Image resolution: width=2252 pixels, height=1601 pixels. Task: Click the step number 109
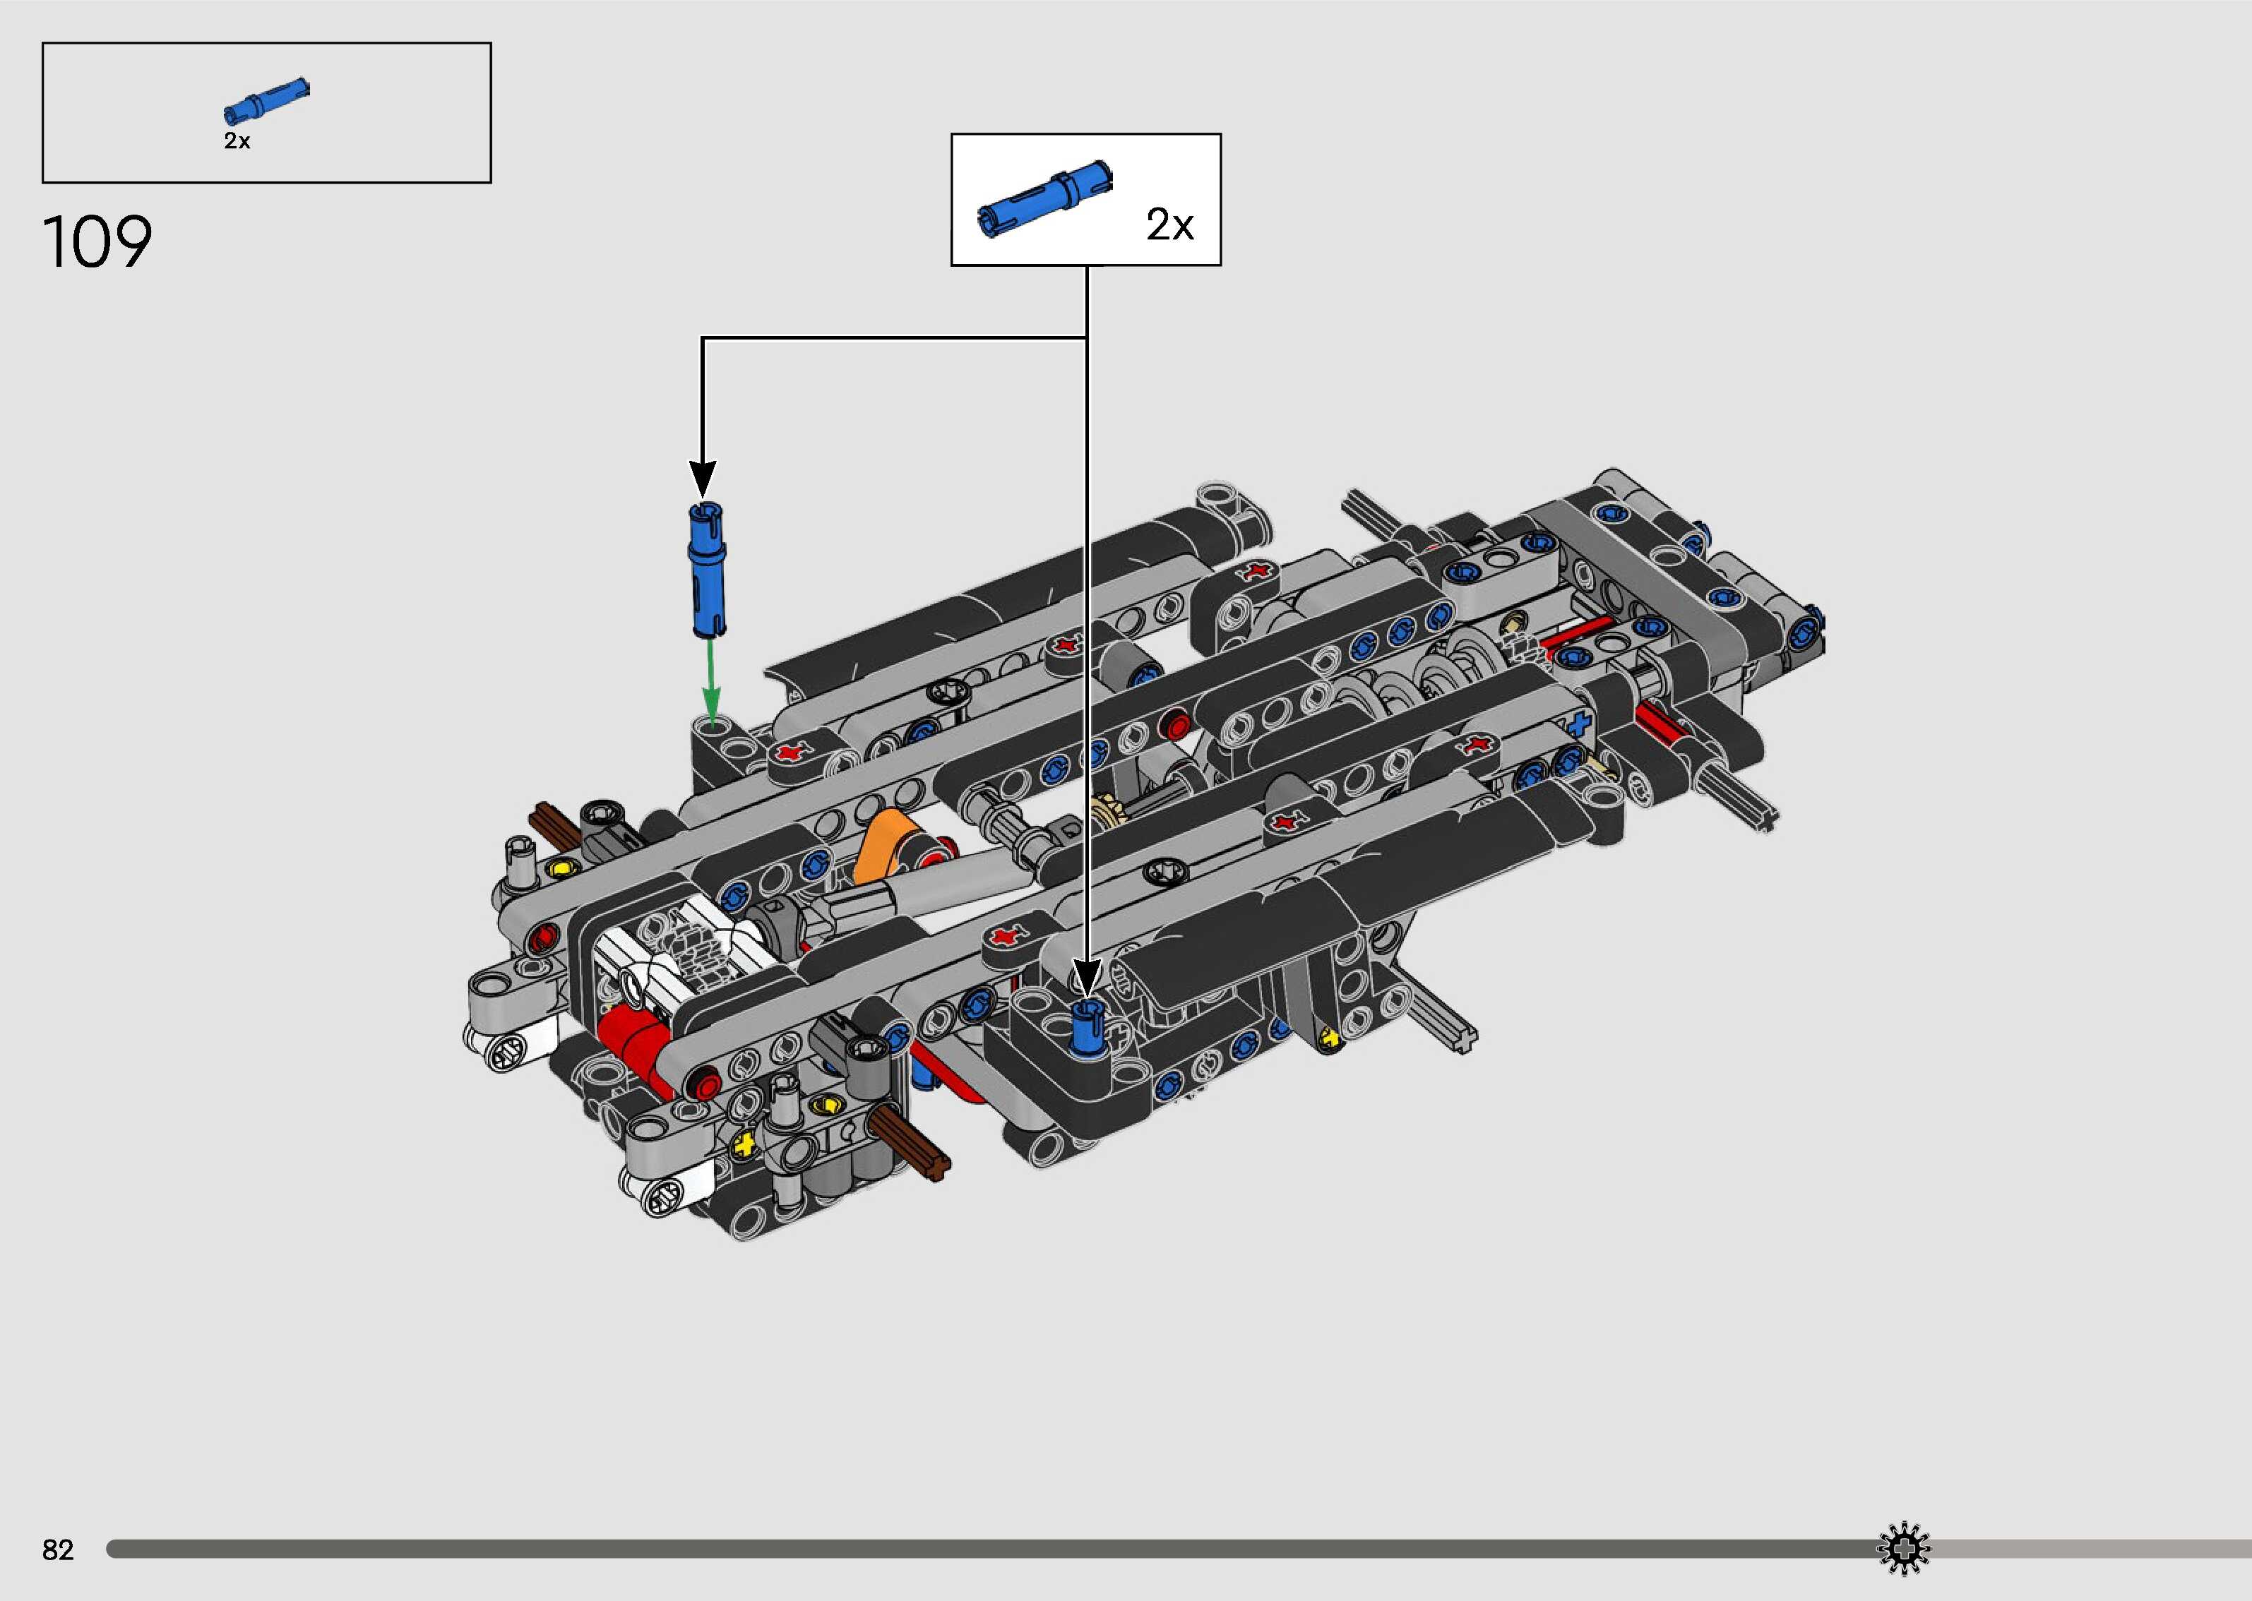pos(97,243)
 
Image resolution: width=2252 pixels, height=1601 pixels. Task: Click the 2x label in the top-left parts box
pos(237,141)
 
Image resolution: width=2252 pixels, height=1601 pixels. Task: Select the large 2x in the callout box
pos(1169,224)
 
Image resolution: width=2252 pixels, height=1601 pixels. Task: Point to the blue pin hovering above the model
pos(706,571)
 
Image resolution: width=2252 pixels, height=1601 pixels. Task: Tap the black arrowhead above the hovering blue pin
pos(702,479)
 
